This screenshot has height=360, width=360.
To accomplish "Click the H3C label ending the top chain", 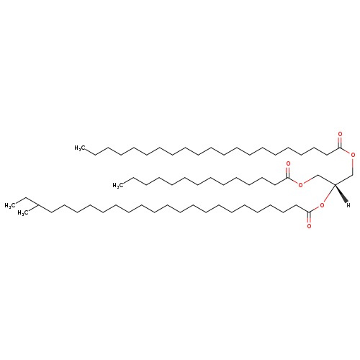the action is [80, 148].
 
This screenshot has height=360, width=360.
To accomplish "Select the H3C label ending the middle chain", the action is [118, 185].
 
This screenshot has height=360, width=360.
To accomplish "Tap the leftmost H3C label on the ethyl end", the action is [10, 206].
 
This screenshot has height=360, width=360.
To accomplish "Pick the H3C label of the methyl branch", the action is [23, 213].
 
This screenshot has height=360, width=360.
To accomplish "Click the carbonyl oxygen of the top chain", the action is [340, 134].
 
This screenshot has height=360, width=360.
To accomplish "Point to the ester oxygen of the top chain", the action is [353, 155].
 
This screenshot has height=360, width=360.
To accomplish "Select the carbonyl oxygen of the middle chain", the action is [288, 164].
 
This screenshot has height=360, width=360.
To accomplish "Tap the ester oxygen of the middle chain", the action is [301, 185].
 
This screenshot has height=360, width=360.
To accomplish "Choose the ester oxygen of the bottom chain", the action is [322, 205].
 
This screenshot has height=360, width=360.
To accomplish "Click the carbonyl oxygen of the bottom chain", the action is [309, 226].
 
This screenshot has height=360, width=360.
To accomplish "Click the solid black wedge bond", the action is [341, 193].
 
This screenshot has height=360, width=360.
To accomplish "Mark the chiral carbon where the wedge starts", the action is [335, 184].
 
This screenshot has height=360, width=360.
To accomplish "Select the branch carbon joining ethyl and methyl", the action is [38, 205].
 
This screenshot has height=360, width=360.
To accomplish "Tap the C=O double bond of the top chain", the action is [340, 143].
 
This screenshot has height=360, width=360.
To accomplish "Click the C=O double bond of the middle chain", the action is [288, 173].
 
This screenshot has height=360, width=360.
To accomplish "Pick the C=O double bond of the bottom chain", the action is [309, 218].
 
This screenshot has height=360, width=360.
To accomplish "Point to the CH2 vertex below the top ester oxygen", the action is [353, 174].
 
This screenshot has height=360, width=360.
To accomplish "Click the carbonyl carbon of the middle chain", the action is [288, 179].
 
